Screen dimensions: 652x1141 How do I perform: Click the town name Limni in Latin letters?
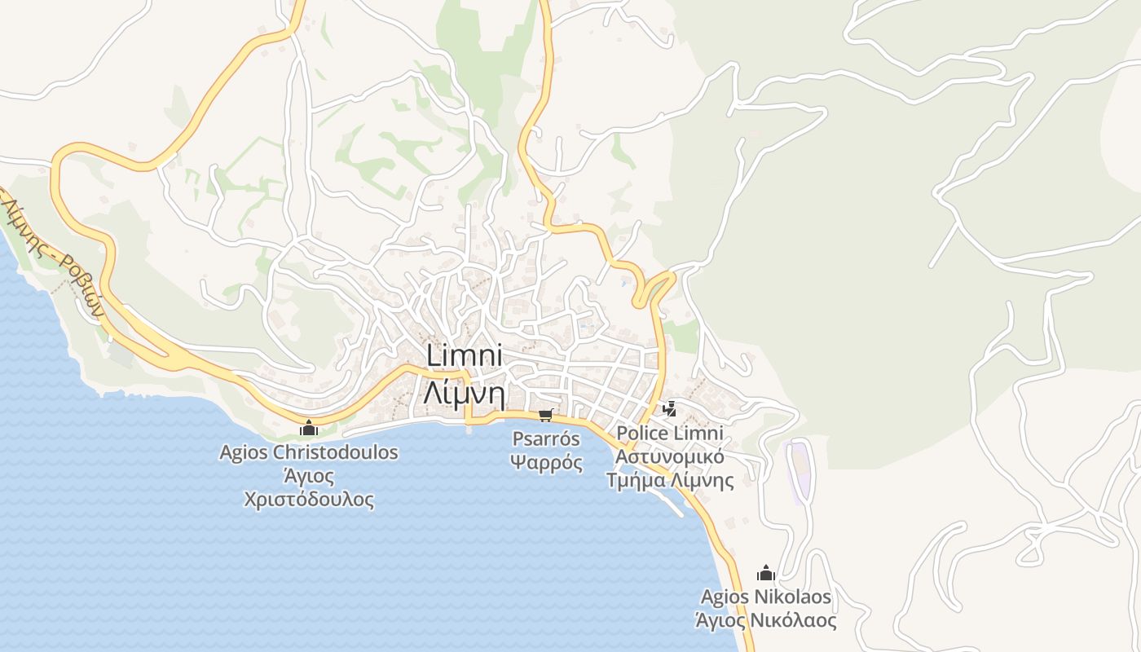click(465, 357)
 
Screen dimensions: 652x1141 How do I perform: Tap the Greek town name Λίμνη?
click(465, 394)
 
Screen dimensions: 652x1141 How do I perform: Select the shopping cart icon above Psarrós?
click(546, 416)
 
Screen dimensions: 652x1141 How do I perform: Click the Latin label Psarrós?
click(546, 439)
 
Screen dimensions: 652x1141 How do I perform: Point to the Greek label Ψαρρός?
click(546, 463)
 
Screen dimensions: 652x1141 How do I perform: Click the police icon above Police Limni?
click(670, 408)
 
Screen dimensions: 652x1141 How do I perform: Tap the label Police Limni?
click(670, 433)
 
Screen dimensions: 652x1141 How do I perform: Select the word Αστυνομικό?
click(670, 456)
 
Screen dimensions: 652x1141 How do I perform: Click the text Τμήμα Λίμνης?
click(670, 481)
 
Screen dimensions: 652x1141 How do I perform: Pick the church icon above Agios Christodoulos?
click(309, 428)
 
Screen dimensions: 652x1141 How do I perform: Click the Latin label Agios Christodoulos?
click(309, 452)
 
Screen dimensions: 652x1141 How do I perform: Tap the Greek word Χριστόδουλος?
click(309, 500)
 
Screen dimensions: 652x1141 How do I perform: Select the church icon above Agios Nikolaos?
click(765, 573)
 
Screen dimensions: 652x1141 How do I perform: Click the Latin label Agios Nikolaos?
click(765, 597)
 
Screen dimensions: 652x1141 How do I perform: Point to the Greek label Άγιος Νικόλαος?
click(765, 621)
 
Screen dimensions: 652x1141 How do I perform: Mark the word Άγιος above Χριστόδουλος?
click(309, 476)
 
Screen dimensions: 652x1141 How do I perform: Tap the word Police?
click(641, 433)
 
